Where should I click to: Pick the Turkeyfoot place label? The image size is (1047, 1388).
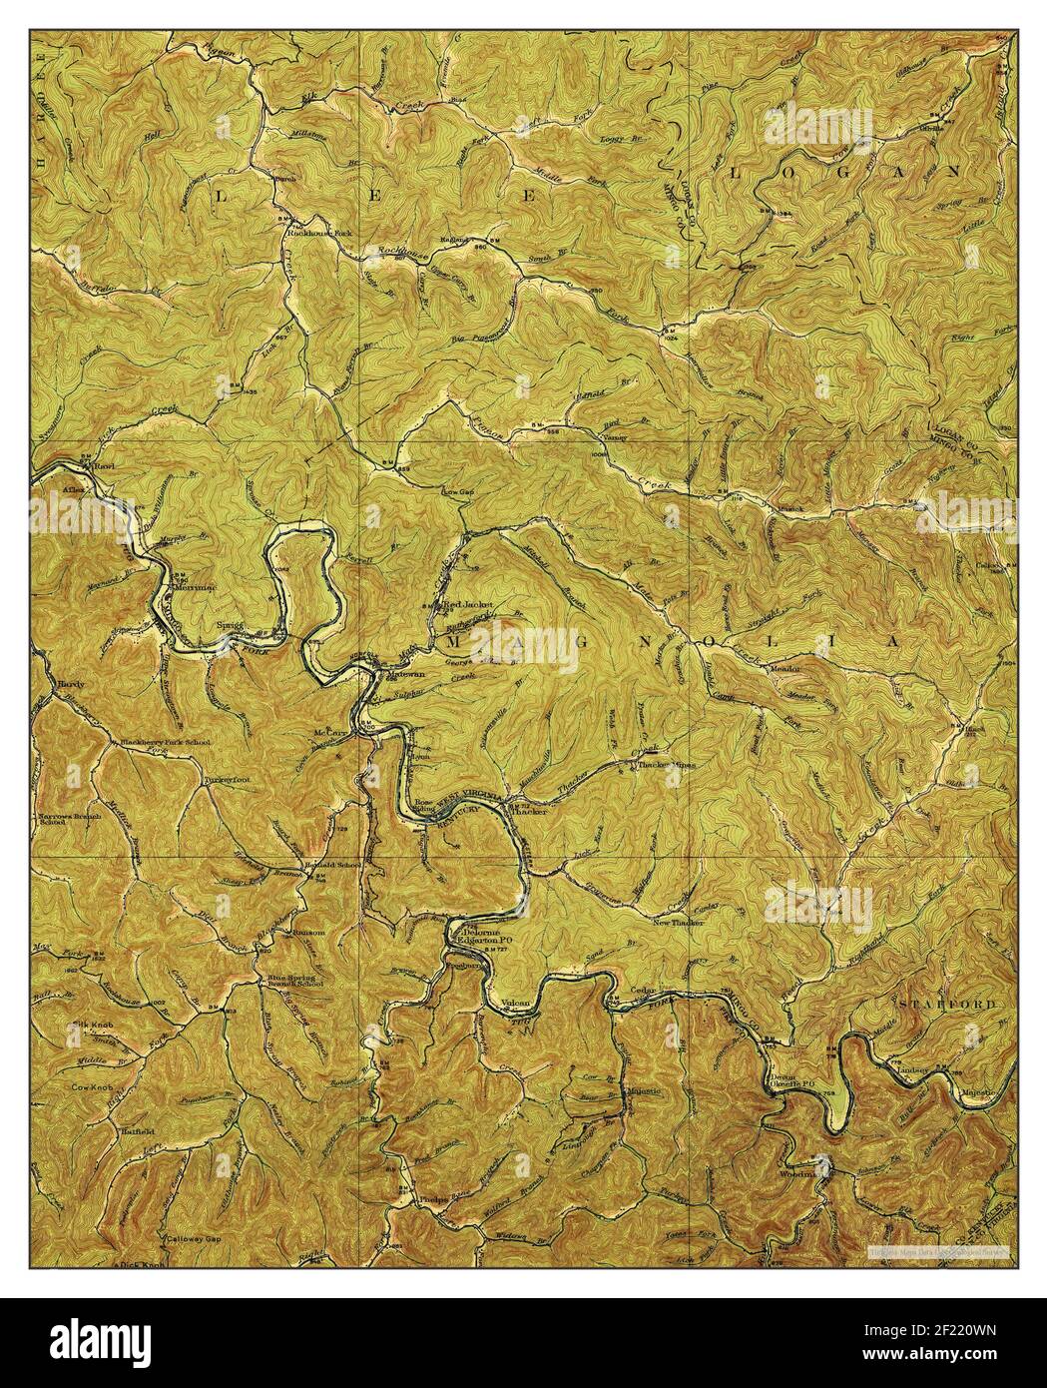click(224, 778)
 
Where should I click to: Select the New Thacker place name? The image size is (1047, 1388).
click(678, 923)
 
